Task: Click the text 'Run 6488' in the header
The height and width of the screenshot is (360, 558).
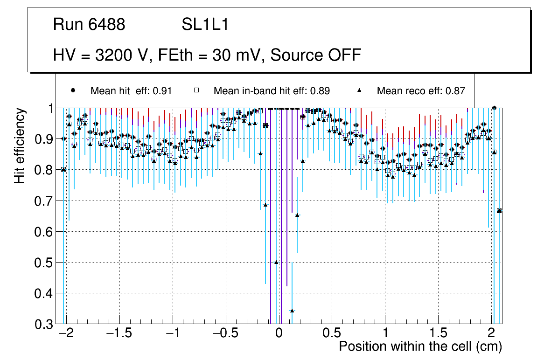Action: tap(89, 25)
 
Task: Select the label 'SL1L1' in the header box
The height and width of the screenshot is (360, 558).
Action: tap(205, 25)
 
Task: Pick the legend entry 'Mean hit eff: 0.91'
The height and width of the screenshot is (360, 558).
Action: tap(131, 91)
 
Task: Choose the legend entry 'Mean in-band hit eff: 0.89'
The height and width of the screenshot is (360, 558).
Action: tap(272, 91)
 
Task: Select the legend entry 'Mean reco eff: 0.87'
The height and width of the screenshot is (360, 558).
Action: tap(421, 91)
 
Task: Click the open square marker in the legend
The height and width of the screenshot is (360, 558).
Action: tap(196, 90)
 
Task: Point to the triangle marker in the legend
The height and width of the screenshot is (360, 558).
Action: tap(360, 90)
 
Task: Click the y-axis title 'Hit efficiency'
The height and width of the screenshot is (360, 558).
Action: tap(20, 145)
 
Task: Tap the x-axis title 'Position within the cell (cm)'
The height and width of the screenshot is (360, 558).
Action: tap(420, 346)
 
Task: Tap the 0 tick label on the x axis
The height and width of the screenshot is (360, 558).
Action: tap(279, 334)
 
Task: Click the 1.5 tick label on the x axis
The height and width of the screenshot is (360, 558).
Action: tap(438, 334)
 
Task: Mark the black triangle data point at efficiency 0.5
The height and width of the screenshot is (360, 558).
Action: tap(276, 262)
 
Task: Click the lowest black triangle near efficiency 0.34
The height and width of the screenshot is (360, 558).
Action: tap(292, 311)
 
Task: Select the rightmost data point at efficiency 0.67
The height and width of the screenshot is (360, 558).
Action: tap(500, 211)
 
